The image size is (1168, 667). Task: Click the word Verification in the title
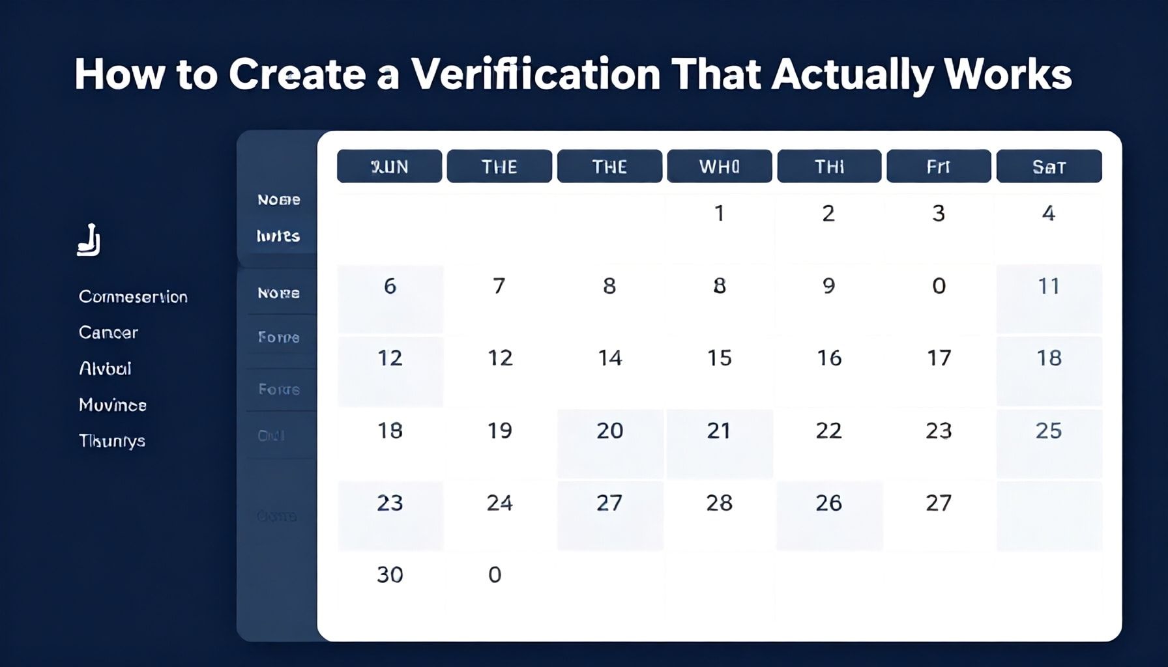[x=535, y=74]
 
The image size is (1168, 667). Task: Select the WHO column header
[x=719, y=167]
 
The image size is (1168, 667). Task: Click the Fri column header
[x=938, y=167]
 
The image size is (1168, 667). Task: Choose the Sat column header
[x=1049, y=167]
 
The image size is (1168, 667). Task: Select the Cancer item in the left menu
[x=108, y=333]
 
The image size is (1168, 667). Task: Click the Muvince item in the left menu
[x=112, y=405]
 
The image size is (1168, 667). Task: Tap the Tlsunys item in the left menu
[x=111, y=441]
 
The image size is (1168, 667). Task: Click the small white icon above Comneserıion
[x=89, y=240]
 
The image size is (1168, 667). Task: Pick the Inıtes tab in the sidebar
[x=278, y=236]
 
